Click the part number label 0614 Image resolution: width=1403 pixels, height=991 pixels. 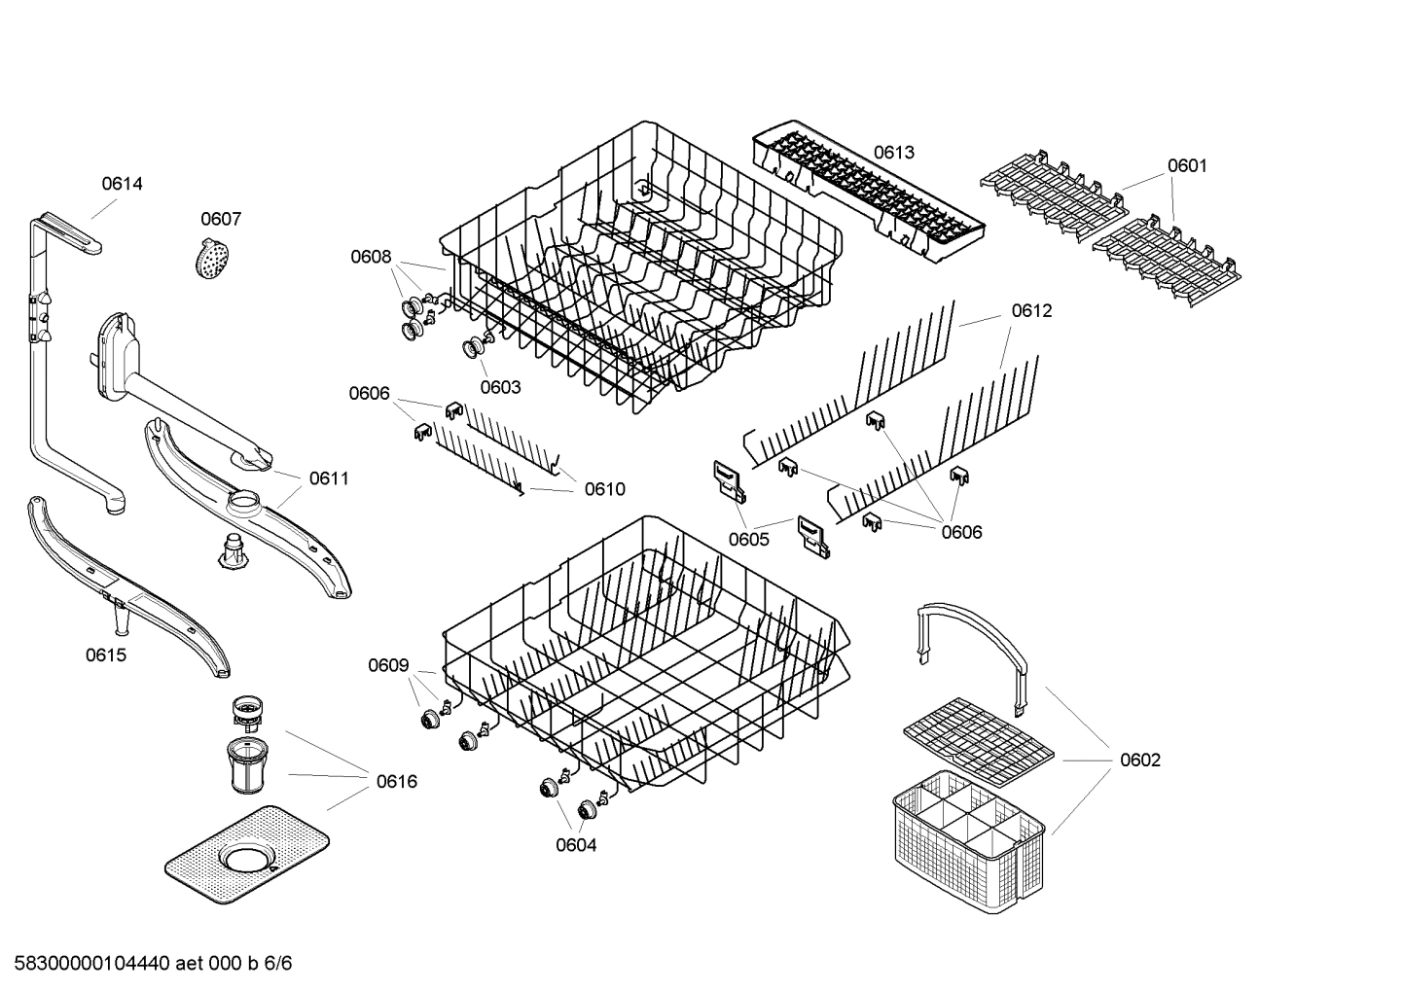tap(123, 183)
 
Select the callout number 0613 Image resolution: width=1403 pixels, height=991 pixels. tap(893, 152)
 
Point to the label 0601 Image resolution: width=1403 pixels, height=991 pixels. tap(1186, 165)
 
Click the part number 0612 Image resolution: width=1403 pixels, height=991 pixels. tap(1031, 310)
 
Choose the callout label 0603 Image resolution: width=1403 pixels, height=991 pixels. tap(500, 387)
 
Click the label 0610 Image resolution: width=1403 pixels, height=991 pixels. tap(604, 489)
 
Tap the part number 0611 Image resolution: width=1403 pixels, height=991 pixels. tap(329, 478)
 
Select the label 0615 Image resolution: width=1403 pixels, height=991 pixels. tap(105, 655)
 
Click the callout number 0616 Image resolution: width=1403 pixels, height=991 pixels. tap(396, 781)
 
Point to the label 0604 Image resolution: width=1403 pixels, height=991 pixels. tap(576, 845)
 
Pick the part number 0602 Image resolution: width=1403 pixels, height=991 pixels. tap(1139, 760)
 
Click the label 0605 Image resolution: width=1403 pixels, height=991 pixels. tap(748, 539)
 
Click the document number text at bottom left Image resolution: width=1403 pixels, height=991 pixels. tap(146, 964)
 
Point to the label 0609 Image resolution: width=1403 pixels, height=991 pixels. tap(387, 665)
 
